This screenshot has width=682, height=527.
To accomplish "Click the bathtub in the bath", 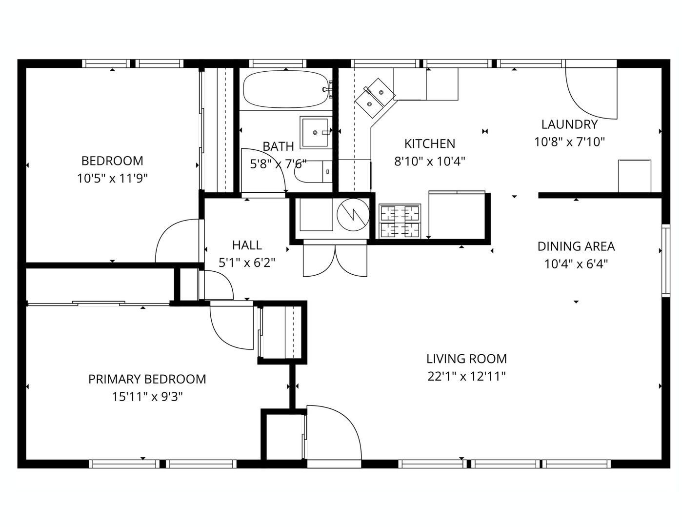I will [285, 89].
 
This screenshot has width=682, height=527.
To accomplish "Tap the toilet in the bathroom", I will [312, 172].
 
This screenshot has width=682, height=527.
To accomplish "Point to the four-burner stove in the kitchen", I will [400, 221].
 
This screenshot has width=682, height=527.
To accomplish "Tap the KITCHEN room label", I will [429, 144].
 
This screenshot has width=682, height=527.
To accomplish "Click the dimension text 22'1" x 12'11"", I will [466, 376].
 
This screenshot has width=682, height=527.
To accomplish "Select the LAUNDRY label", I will [569, 124].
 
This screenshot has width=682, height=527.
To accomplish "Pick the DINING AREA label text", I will [576, 246].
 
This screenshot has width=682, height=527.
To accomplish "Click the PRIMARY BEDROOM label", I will [147, 379].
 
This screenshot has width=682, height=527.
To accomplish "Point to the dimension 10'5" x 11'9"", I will [112, 178].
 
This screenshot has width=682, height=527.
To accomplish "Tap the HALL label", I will [247, 245].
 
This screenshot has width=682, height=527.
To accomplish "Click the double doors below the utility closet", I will [335, 260].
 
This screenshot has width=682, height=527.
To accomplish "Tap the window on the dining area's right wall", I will [665, 260].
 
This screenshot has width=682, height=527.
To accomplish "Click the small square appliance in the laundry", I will [634, 176].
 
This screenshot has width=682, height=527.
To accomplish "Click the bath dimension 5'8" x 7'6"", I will [278, 164].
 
